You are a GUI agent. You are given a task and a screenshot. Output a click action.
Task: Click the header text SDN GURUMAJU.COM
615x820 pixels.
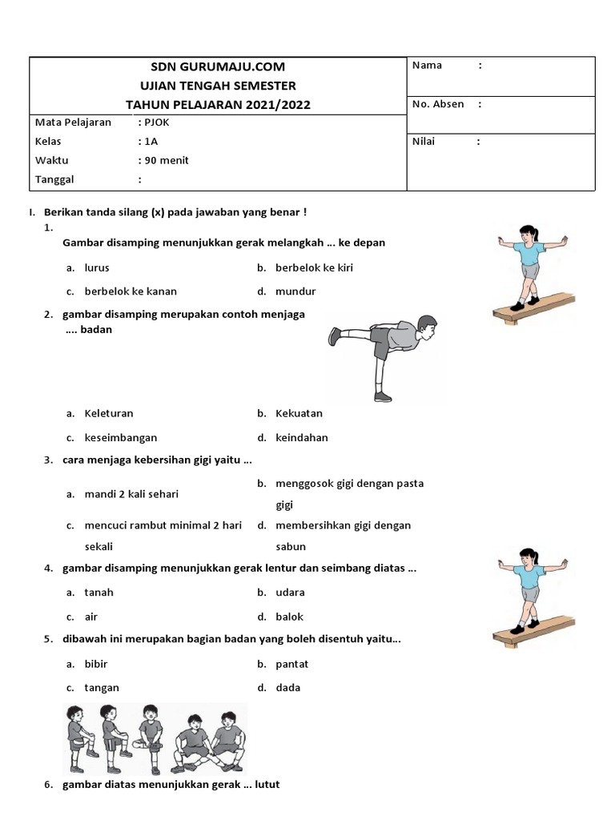pos(218,66)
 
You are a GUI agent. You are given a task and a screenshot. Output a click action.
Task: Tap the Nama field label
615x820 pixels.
pos(427,66)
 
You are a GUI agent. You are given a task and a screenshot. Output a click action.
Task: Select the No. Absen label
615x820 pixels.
pos(438,104)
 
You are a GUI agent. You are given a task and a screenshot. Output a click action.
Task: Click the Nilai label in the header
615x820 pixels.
pos(427,142)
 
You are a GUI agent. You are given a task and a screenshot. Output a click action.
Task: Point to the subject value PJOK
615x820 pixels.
pos(157,123)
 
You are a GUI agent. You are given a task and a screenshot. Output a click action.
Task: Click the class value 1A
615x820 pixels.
pos(151,142)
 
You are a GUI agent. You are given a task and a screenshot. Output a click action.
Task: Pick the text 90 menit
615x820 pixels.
pos(167,160)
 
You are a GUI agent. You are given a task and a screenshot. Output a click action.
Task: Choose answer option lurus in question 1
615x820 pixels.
pos(97,267)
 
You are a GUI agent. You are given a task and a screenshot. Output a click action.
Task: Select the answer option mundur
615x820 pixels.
pos(295,291)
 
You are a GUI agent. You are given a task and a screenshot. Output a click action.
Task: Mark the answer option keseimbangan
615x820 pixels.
pos(121,438)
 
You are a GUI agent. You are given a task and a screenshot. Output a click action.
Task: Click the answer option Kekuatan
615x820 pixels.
pos(299,414)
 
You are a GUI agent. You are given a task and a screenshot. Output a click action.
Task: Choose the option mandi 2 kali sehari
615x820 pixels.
pos(131,494)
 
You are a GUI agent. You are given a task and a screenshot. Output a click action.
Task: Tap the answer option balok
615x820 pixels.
pos(289,617)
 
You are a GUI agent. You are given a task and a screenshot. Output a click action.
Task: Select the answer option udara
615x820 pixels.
pos(290,593)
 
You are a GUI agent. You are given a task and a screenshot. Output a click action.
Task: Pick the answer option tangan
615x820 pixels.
pos(102,688)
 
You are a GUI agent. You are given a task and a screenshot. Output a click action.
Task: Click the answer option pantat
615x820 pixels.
pos(291,664)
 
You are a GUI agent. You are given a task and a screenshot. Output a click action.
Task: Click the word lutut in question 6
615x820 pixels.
pos(265,785)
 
